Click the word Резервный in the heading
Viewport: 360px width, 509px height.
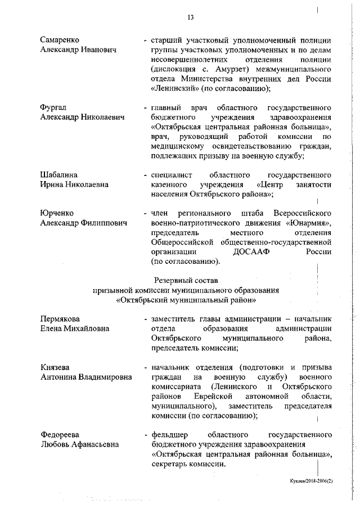173,280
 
